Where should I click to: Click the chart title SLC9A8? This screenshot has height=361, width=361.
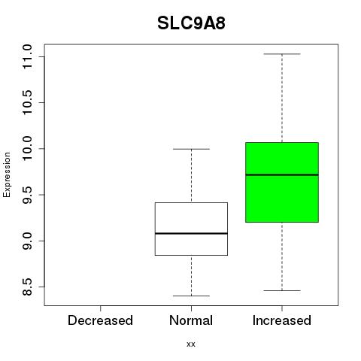click(x=191, y=23)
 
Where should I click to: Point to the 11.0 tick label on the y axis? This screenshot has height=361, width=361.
click(x=27, y=56)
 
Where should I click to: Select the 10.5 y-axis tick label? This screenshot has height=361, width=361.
click(x=27, y=102)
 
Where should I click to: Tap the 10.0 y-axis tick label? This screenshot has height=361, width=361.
click(x=27, y=149)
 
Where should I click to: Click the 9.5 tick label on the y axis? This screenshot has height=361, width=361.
click(x=27, y=195)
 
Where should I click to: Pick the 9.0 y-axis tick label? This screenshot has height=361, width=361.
click(x=27, y=241)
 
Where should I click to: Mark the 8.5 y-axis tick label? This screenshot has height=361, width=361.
click(x=27, y=287)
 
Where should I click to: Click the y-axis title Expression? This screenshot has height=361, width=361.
click(x=7, y=174)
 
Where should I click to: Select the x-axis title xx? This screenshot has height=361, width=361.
click(x=191, y=344)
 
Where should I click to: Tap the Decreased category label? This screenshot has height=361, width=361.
click(x=100, y=320)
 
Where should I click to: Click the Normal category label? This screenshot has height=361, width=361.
click(x=191, y=320)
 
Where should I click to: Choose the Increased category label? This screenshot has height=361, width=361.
click(x=282, y=320)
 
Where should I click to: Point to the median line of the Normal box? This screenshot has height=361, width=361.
click(x=191, y=233)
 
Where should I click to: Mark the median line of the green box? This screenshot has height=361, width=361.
click(x=282, y=174)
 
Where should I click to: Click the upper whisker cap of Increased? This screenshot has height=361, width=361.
click(x=282, y=54)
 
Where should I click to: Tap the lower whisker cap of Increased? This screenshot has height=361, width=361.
click(x=282, y=290)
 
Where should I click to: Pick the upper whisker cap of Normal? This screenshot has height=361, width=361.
click(x=191, y=149)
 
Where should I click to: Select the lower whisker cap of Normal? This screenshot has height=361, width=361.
click(x=191, y=296)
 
